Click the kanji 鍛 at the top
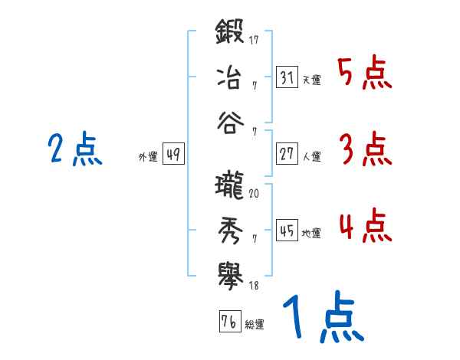tap(230, 35)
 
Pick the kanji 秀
tap(230, 229)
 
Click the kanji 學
tap(230, 273)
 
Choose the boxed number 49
tap(173, 154)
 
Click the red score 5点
tap(364, 74)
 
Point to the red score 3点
tap(364, 149)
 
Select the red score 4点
tap(364, 226)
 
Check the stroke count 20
tap(254, 195)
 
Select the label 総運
tap(255, 324)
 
